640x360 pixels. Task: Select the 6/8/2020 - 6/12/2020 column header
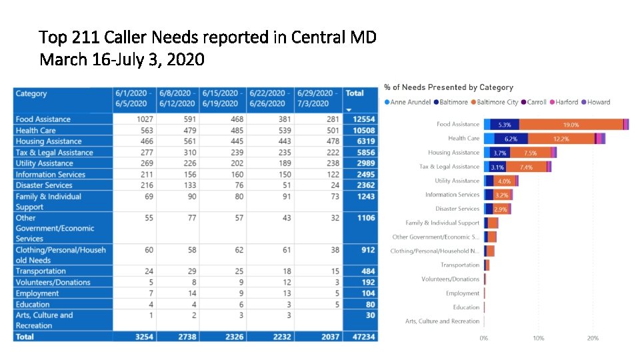[x=177, y=99]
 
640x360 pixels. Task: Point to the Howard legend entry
[x=598, y=102]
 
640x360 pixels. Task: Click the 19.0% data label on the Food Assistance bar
[x=571, y=125]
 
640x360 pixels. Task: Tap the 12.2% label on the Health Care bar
[x=561, y=139]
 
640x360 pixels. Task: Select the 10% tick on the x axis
[x=539, y=338]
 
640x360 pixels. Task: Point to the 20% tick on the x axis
[x=593, y=338]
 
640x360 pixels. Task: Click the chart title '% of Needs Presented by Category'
[x=449, y=87]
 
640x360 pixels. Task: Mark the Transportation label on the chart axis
[x=459, y=265]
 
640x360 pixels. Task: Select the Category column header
[x=31, y=94]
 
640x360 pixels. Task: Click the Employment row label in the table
[x=37, y=293]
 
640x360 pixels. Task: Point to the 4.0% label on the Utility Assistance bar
[x=504, y=181]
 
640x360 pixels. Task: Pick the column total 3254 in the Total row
[x=143, y=337]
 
